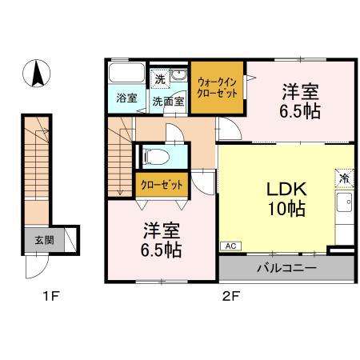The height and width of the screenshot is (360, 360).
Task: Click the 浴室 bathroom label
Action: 126,100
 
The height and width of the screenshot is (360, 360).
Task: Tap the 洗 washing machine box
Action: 160,78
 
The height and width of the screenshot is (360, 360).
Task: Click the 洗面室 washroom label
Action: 169,101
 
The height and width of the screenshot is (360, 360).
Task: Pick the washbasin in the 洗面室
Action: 179,77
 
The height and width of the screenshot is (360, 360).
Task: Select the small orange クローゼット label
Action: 162,185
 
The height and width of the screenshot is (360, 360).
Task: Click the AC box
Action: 229,247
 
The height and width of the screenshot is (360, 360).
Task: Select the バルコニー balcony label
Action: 286,267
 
